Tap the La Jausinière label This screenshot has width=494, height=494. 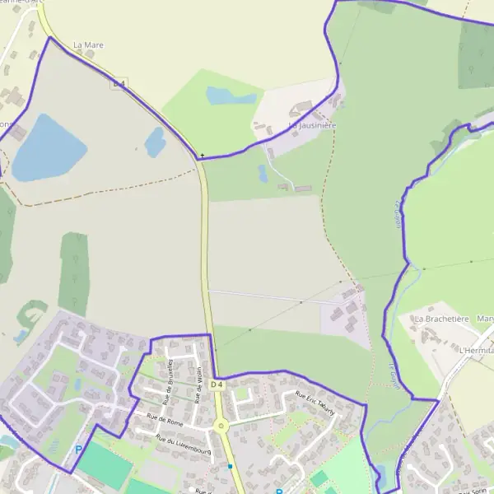click(312, 125)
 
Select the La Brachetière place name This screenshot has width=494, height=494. click(441, 319)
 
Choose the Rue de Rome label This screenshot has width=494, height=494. click(165, 420)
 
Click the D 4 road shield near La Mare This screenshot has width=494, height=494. click(119, 84)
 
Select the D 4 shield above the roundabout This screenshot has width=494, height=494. click(217, 384)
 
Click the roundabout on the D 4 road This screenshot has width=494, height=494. click(221, 426)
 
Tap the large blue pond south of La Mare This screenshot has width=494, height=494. click(48, 149)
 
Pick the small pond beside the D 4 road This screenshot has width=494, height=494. click(155, 142)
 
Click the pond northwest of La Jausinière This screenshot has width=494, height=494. click(231, 96)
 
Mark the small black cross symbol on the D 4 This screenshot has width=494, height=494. click(202, 155)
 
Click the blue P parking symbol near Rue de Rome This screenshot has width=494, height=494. click(79, 450)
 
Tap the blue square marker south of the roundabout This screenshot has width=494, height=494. click(231, 466)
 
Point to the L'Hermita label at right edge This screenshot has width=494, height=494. click(477, 350)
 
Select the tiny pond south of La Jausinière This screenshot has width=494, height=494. click(262, 173)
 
